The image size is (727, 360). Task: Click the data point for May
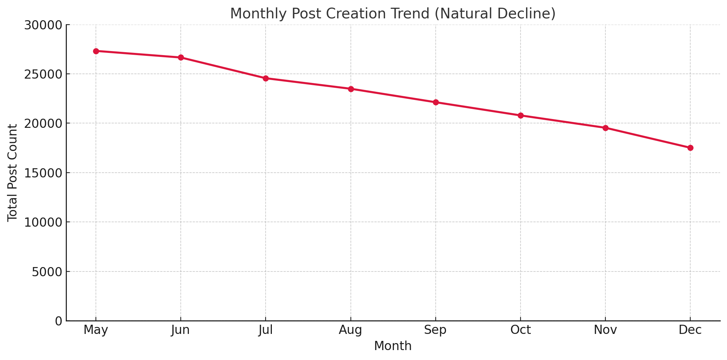pyautogui.click(x=96, y=51)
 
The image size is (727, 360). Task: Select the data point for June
pyautogui.click(x=181, y=58)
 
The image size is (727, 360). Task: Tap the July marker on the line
pyautogui.click(x=266, y=78)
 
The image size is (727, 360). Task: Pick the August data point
pyautogui.click(x=351, y=89)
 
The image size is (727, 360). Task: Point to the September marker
pyautogui.click(x=436, y=102)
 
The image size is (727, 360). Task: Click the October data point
pyautogui.click(x=521, y=115)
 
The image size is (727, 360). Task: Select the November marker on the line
pyautogui.click(x=605, y=128)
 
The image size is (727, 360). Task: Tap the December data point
pyautogui.click(x=690, y=148)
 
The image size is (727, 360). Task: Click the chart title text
pyautogui.click(x=393, y=14)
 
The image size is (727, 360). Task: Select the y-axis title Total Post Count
pyautogui.click(x=12, y=173)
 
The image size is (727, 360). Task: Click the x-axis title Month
pyautogui.click(x=393, y=346)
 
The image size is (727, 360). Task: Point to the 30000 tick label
pyautogui.click(x=43, y=25)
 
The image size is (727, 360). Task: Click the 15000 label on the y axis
pyautogui.click(x=43, y=173)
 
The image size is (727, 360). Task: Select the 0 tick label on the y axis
pyautogui.click(x=59, y=321)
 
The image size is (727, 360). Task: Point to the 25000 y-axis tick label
pyautogui.click(x=43, y=74)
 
